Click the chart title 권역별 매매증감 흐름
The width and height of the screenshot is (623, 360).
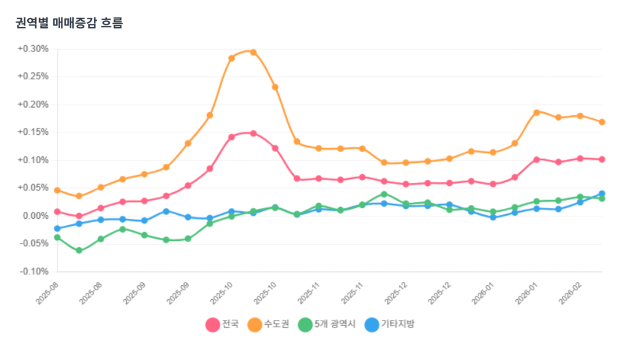click(69, 24)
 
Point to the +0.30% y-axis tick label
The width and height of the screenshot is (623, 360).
click(33, 49)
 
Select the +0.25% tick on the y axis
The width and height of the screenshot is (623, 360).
click(33, 77)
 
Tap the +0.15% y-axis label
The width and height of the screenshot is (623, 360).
click(33, 133)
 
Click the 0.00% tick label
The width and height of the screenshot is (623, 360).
click(35, 216)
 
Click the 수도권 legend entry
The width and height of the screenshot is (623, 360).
click(268, 325)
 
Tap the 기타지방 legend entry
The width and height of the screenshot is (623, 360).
click(389, 325)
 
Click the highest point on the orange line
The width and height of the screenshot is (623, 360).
click(253, 52)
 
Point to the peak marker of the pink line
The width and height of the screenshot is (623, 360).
click(253, 133)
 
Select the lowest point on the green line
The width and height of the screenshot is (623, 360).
click(79, 251)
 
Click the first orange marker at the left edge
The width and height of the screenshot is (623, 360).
click(57, 190)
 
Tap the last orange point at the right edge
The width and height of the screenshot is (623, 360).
click(602, 122)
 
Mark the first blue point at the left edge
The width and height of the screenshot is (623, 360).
click(57, 229)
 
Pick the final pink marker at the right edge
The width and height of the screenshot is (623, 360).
click(602, 159)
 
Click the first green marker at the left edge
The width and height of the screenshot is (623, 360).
click(57, 237)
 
